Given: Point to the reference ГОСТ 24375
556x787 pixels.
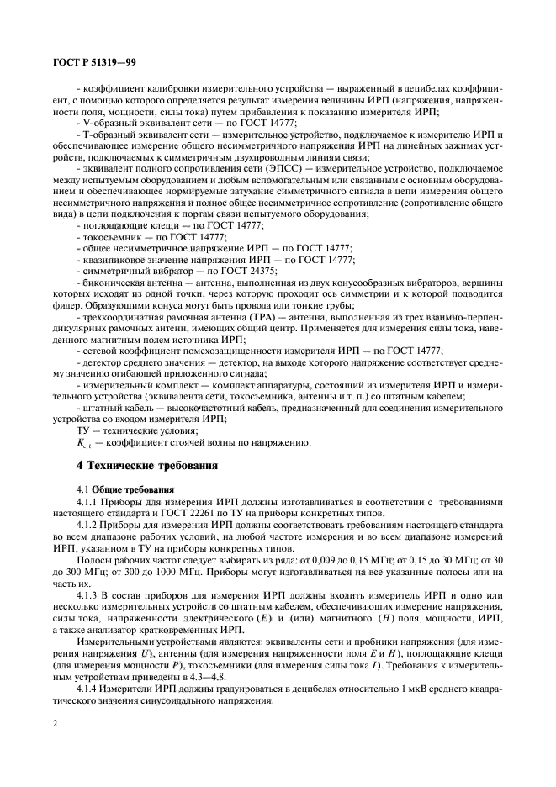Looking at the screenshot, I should click(x=244, y=270).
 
